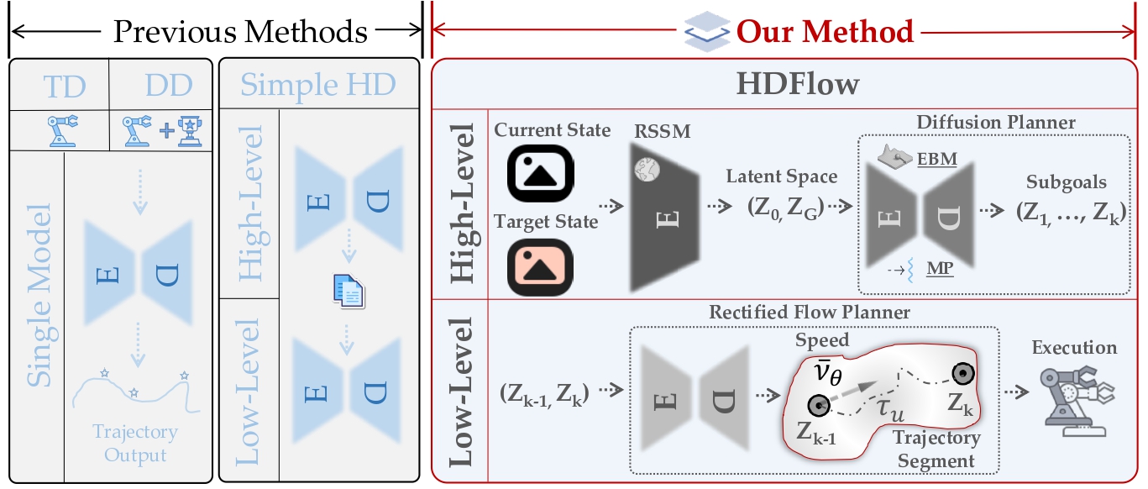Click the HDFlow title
785,86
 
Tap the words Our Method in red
825,31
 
